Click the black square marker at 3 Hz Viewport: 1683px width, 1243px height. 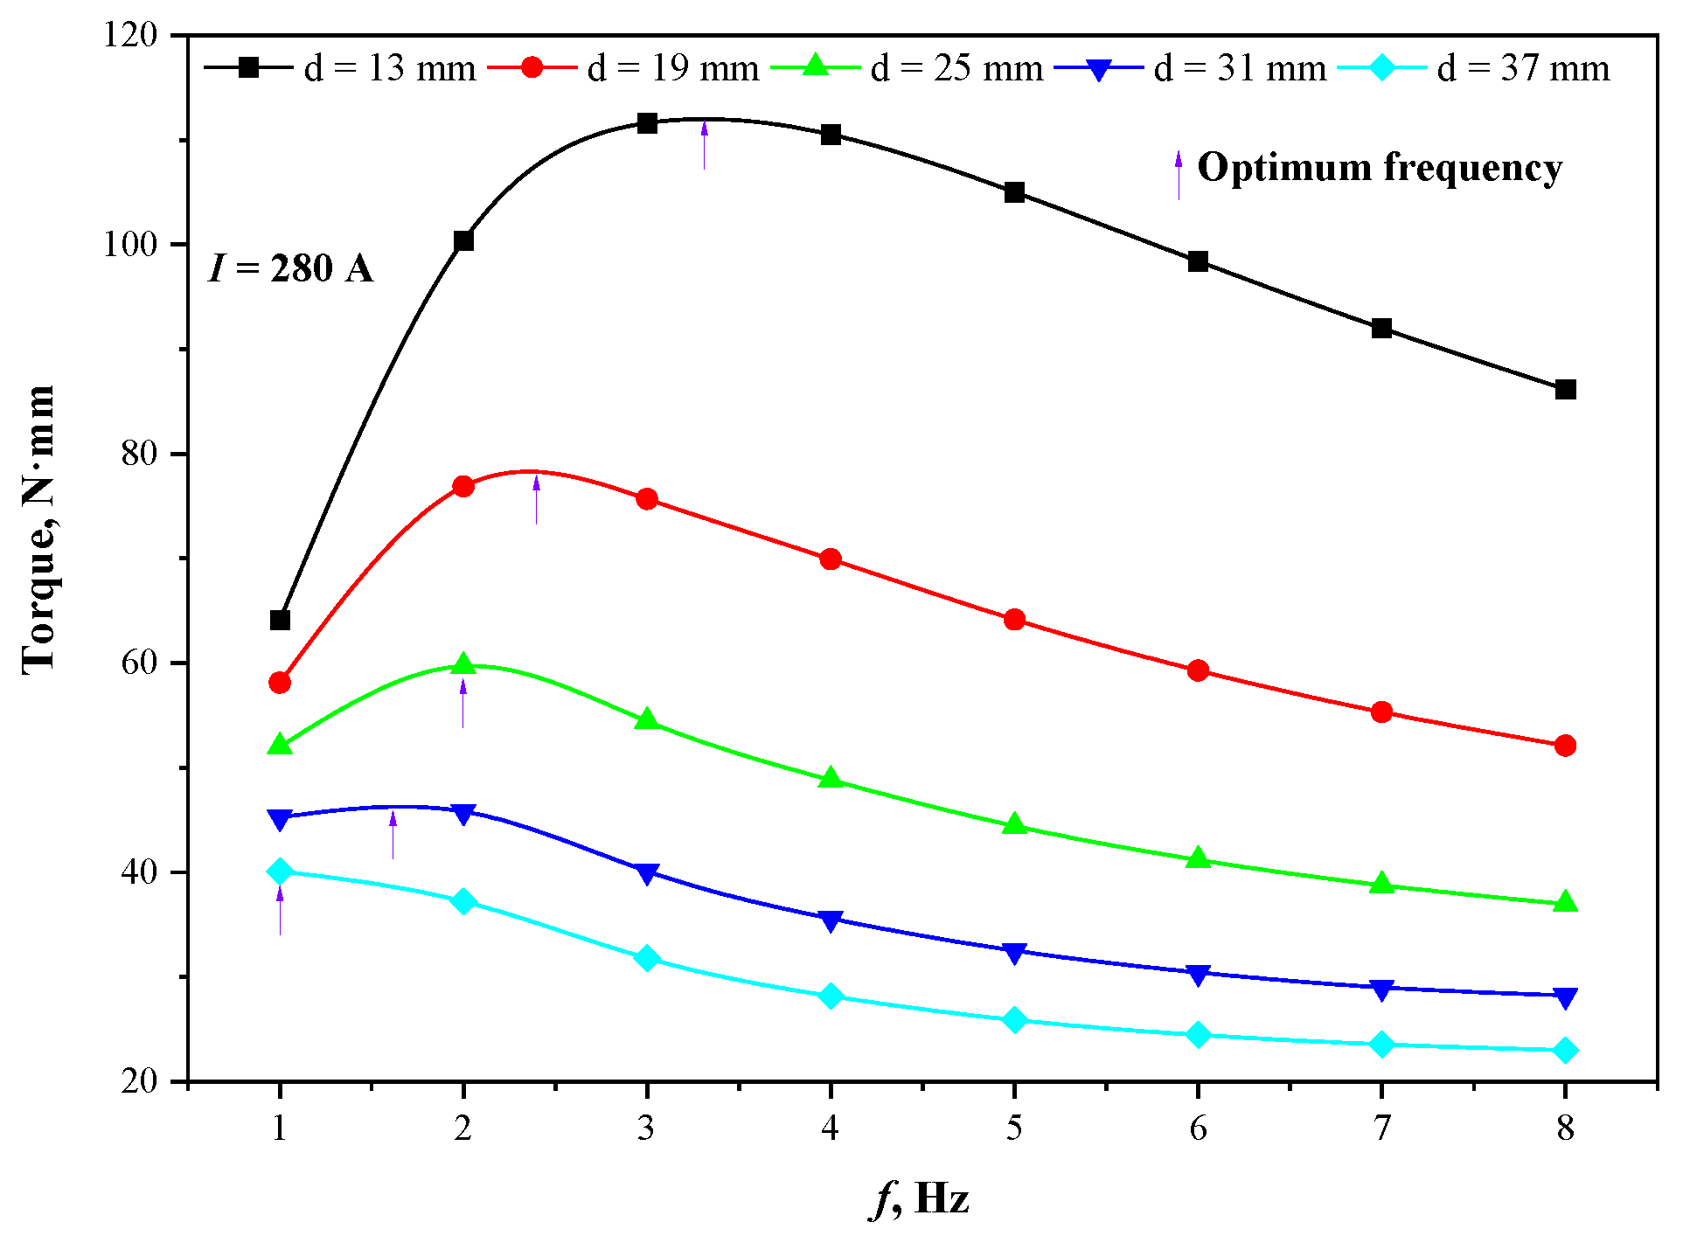(647, 123)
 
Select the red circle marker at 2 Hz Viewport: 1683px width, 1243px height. (463, 486)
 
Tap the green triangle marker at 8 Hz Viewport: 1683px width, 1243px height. (1565, 902)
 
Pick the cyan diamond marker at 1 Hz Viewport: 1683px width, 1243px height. (280, 871)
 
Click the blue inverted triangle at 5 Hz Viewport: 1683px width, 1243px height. (1014, 953)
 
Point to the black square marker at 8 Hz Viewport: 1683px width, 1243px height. (1565, 390)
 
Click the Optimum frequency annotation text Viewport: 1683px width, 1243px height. (1380, 168)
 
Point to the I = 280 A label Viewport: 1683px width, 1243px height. (291, 268)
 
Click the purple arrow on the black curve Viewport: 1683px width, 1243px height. (705, 145)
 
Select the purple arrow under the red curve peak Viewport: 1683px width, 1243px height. (537, 499)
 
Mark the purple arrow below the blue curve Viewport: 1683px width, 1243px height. (393, 834)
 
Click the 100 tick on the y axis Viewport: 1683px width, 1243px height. (131, 244)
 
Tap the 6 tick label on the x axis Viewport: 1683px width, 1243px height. (1198, 1128)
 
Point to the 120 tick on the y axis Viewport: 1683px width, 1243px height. (131, 35)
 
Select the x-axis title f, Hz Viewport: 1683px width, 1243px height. (920, 1198)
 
